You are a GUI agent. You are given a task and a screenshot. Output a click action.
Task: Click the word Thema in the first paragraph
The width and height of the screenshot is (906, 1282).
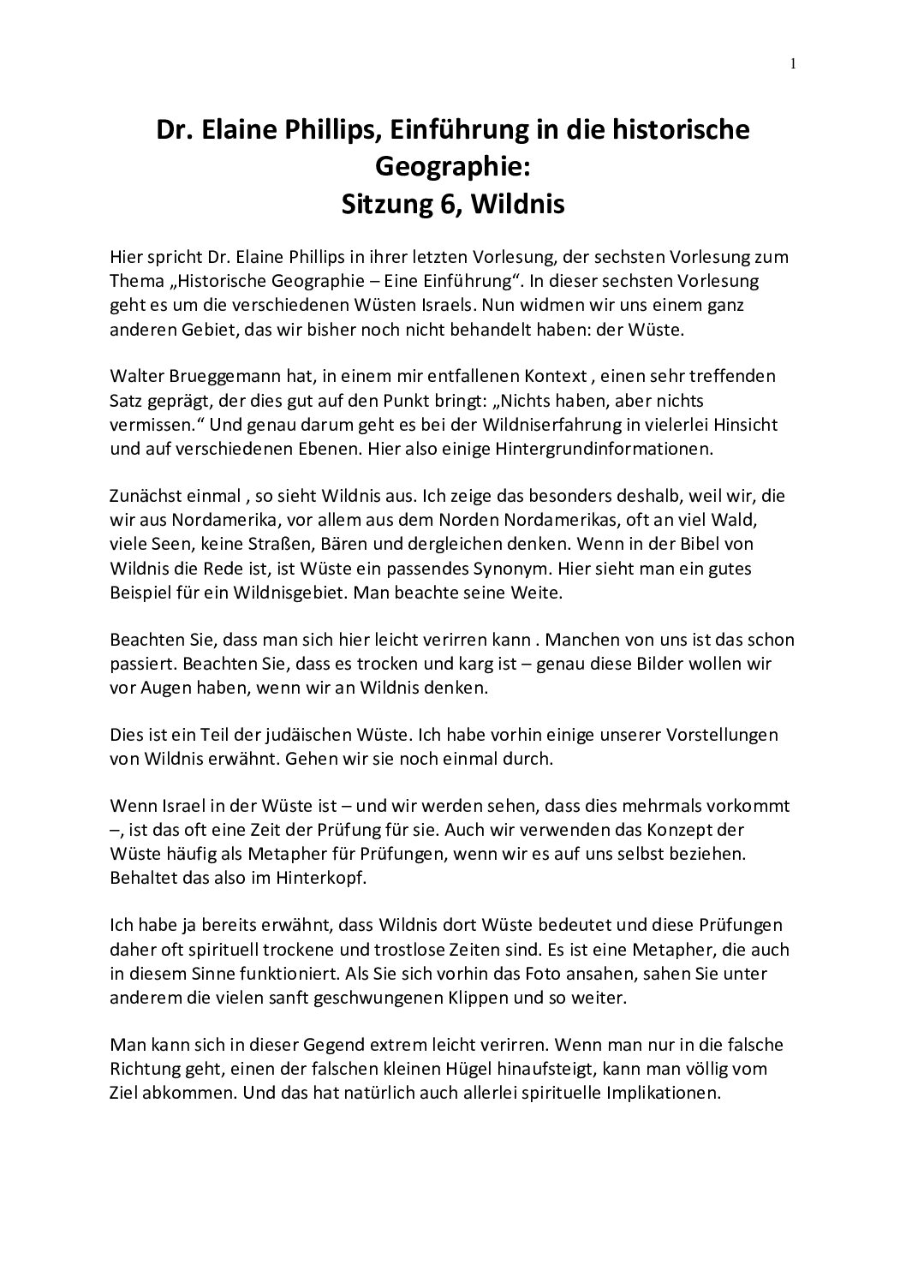pos(135,282)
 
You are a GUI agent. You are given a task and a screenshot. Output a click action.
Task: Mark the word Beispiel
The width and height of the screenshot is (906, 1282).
pos(140,592)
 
